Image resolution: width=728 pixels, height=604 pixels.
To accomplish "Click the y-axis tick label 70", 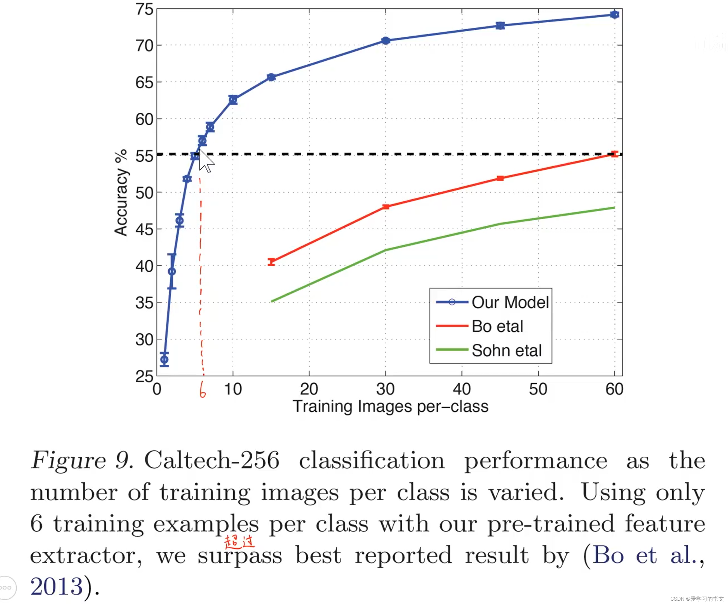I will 144,46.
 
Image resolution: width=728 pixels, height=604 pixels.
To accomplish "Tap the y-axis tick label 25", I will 144,376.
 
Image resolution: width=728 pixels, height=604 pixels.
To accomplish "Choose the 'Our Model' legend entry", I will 509,303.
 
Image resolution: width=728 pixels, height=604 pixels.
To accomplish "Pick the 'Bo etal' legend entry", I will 497,326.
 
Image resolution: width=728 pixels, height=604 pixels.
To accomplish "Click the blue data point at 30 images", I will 386,41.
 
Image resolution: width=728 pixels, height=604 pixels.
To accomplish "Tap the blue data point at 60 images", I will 615,15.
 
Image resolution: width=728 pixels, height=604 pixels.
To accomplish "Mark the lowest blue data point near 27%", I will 164,360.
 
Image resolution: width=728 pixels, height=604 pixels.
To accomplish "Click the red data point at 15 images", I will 271,262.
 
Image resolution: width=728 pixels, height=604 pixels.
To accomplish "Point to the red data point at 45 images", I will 500,178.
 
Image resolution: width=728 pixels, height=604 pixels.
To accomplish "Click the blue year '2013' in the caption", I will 57,586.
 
